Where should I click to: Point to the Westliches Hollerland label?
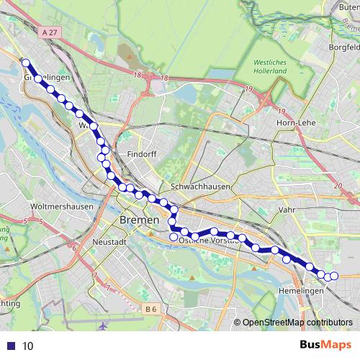click(270, 68)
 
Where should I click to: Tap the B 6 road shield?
click(150, 309)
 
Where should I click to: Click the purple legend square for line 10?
click(10, 346)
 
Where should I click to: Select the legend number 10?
click(27, 346)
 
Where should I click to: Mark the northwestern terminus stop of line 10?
click(26, 63)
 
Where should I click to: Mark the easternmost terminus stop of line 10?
click(333, 276)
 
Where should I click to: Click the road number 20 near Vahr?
click(338, 185)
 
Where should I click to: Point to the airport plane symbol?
click(104, 326)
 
